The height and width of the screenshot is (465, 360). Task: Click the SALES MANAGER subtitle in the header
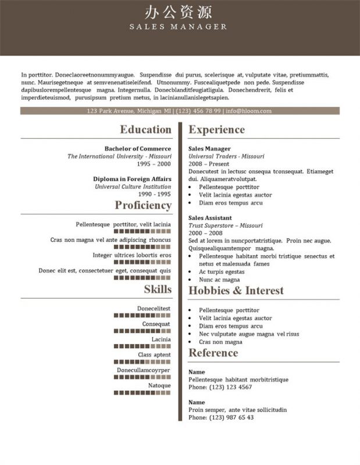pos(179,27)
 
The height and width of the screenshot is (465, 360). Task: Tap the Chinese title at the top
pos(179,12)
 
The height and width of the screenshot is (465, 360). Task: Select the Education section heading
pos(145,130)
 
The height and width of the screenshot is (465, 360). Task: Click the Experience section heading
pos(217,130)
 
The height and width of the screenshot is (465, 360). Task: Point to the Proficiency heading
pos(143,205)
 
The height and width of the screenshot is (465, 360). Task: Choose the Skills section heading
pos(158,289)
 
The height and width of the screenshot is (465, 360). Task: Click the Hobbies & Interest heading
pos(236,291)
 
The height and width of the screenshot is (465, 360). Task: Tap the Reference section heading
pos(213,353)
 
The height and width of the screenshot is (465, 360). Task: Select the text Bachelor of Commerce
pos(138,149)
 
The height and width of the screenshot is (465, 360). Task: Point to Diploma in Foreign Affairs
pos(132,179)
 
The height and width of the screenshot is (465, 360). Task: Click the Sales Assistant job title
pos(211,217)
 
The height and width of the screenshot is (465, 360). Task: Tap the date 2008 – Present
pos(208,164)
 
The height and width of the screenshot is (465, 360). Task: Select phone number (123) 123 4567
pos(230,387)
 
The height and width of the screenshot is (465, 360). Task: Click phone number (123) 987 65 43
pos(231,417)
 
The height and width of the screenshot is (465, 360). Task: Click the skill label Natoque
pos(159,385)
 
